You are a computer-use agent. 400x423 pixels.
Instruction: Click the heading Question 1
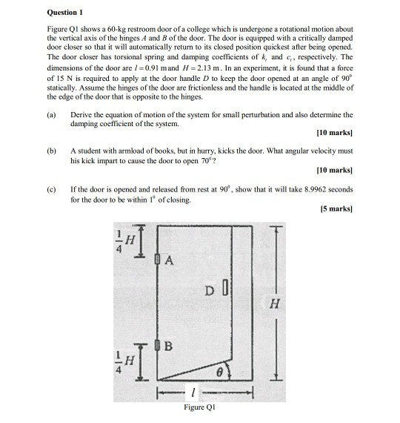coord(64,12)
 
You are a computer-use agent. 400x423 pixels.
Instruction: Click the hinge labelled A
coord(159,260)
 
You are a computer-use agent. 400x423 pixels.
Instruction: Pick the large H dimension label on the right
coord(275,303)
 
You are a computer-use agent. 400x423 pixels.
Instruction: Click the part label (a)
coord(51,116)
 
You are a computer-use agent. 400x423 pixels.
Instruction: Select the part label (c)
coord(51,191)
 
